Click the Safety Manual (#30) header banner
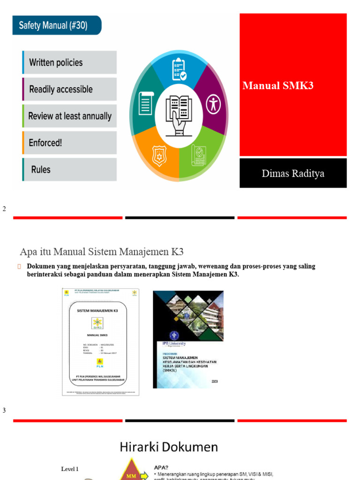(57, 25)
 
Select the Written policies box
(69, 62)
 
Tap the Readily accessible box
(69, 89)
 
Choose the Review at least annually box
(69, 116)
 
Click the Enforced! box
(69, 142)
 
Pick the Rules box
(69, 169)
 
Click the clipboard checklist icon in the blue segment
(179, 69)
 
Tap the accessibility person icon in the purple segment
(214, 104)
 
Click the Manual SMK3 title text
(278, 85)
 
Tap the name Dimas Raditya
(293, 173)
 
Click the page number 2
(4, 209)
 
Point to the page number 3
(4, 410)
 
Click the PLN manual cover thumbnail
(101, 342)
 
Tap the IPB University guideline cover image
(188, 339)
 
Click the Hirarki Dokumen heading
(169, 447)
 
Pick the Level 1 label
(70, 468)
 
